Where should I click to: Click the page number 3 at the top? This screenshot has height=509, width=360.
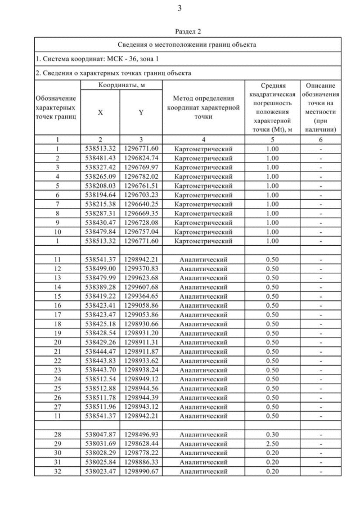[180, 8]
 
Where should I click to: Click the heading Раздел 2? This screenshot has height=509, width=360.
[180, 31]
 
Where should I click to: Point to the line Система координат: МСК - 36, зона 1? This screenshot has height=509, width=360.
[93, 58]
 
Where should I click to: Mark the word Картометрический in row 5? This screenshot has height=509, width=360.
[204, 186]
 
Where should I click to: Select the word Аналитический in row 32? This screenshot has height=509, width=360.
[204, 471]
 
